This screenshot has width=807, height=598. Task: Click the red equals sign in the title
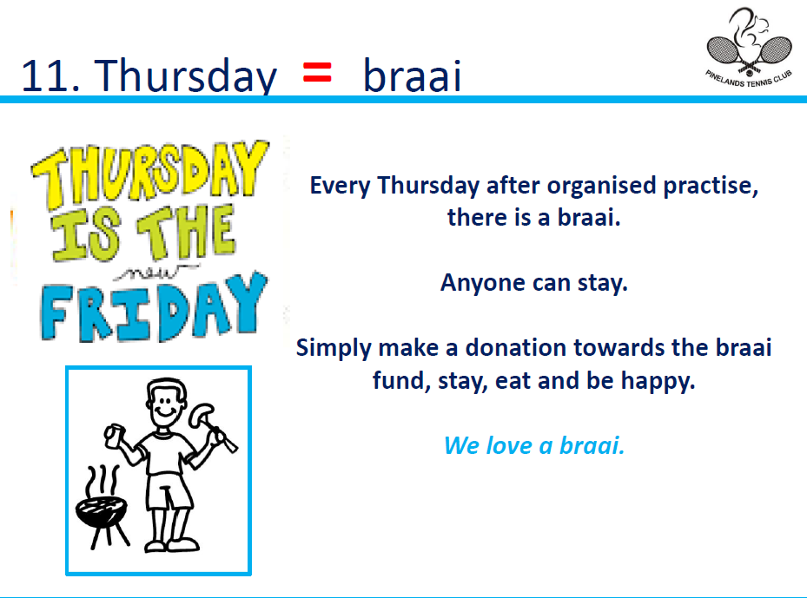pyautogui.click(x=317, y=72)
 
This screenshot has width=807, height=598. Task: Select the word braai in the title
pyautogui.click(x=413, y=75)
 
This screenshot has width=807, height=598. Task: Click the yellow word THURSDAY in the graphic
pyautogui.click(x=149, y=174)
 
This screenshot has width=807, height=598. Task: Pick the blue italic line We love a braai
pyautogui.click(x=534, y=445)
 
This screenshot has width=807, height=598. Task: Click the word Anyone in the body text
pyautogui.click(x=482, y=283)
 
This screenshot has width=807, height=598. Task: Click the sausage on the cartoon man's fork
pyautogui.click(x=201, y=415)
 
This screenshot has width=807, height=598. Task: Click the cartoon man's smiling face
pyautogui.click(x=166, y=404)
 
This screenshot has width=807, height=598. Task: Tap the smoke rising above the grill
pyautogui.click(x=103, y=482)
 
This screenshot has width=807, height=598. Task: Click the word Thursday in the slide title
pyautogui.click(x=186, y=76)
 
